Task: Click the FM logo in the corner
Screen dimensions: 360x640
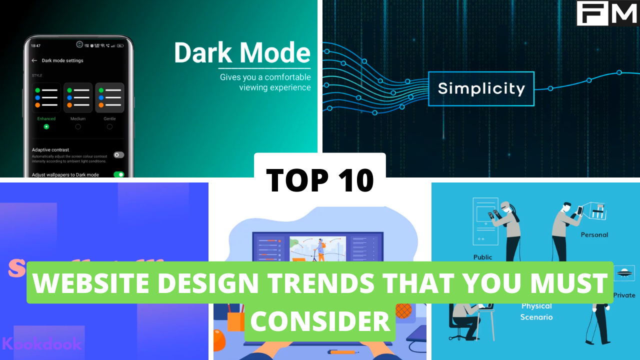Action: (607, 13)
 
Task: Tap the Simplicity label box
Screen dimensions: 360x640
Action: (481, 88)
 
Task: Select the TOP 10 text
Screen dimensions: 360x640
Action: (320, 180)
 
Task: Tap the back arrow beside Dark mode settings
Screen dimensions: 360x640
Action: (34, 60)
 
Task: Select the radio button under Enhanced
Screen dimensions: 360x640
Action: (46, 127)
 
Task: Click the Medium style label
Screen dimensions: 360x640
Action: (77, 119)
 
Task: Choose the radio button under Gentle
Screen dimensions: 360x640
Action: (109, 127)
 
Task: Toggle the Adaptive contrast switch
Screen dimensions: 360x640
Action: (118, 155)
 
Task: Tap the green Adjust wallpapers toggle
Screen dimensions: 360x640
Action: (118, 174)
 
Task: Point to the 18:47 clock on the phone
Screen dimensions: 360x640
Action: (35, 45)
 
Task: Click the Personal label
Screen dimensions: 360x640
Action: (594, 234)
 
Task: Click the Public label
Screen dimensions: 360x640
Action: (482, 257)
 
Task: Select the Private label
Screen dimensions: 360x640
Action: (624, 295)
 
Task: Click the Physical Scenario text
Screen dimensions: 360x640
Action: (536, 311)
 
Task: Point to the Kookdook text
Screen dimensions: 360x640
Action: (42, 344)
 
